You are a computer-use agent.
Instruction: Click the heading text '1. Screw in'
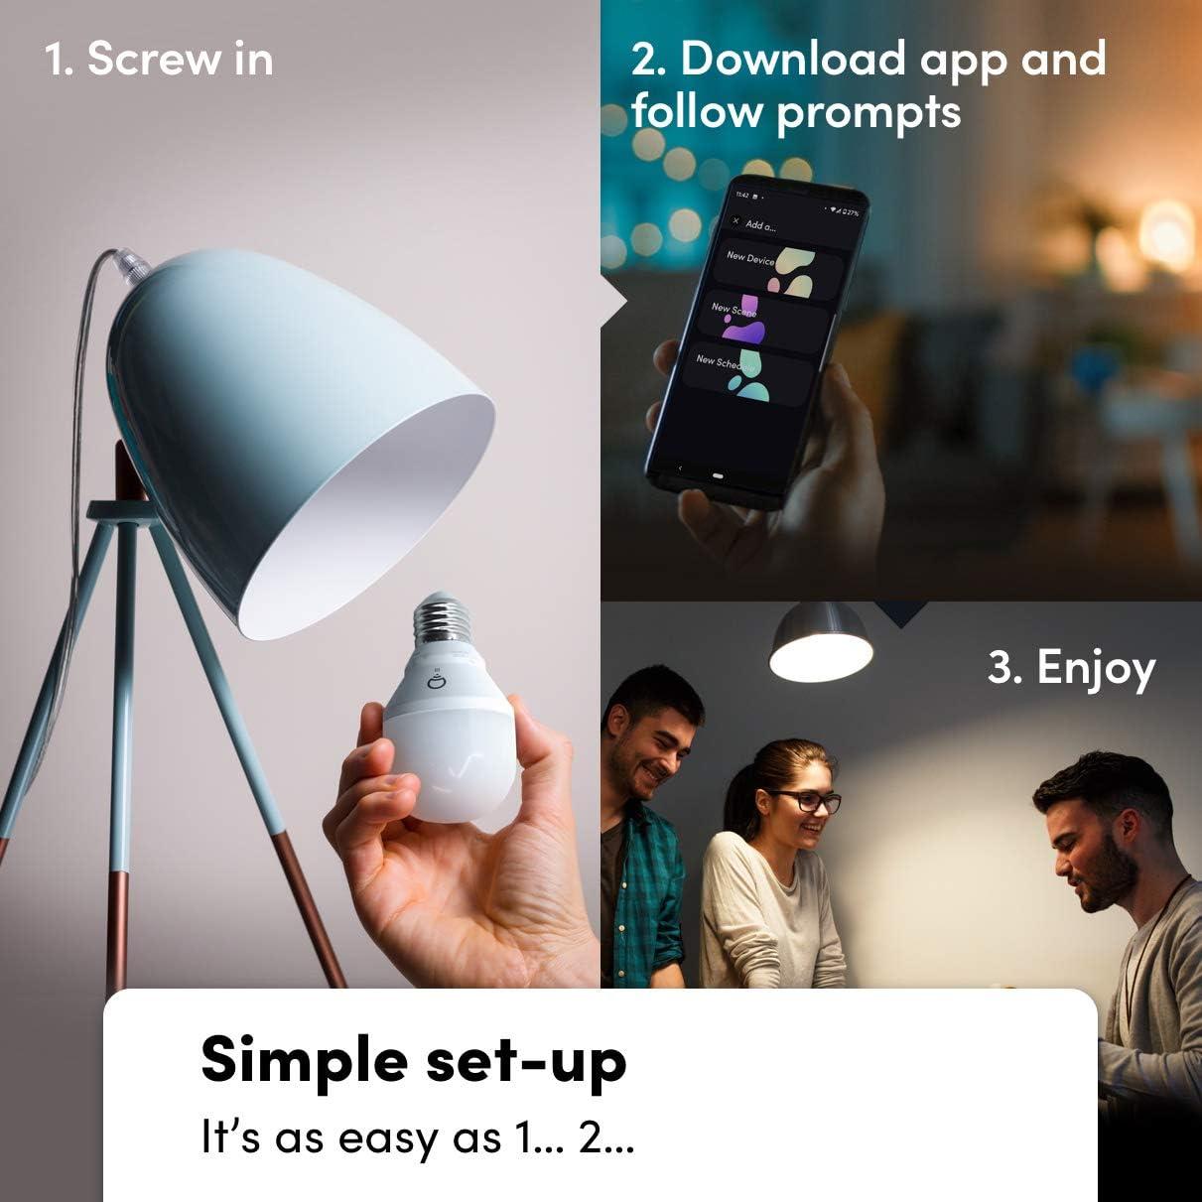(159, 60)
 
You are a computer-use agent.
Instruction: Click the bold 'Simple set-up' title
(414, 1060)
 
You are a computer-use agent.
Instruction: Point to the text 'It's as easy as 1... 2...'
(417, 1137)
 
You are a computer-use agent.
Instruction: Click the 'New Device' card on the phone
(778, 269)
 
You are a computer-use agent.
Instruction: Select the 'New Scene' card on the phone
(759, 320)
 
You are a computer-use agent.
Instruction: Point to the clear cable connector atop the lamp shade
(131, 265)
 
